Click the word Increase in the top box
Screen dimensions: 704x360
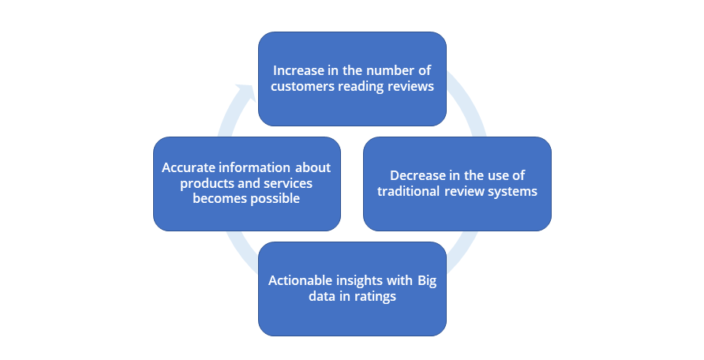pos(292,70)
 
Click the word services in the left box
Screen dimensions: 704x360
pos(288,183)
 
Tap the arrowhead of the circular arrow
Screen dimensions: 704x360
pos(249,91)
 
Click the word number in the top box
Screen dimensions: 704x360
pos(387,70)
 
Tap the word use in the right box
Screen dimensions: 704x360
pos(495,175)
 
